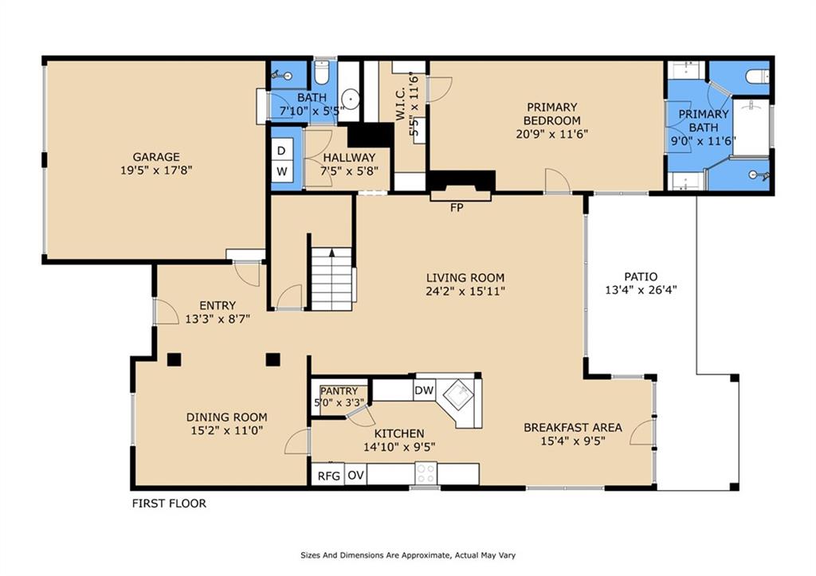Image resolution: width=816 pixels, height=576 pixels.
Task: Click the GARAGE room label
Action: (156, 157)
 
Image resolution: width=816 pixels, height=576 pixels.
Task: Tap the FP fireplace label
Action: (457, 208)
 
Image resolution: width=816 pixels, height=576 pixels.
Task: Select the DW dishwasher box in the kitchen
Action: (424, 390)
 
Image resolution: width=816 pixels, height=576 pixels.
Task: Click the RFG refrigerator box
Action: (329, 476)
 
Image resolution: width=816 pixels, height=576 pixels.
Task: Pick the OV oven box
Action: (355, 475)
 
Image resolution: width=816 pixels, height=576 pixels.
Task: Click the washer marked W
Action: (281, 171)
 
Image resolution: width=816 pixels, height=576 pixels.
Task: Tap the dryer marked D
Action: (281, 151)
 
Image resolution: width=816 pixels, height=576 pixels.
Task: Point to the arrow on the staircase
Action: (332, 253)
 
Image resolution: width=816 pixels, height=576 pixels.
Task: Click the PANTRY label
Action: (339, 390)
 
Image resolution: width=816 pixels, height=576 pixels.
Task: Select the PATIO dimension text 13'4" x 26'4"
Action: (641, 290)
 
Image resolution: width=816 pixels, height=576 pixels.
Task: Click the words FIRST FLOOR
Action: (169, 504)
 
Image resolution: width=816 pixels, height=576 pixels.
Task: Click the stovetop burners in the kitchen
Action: (426, 473)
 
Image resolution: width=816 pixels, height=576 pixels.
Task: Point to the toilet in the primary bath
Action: (757, 77)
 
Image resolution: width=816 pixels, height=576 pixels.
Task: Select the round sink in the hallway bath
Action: (351, 98)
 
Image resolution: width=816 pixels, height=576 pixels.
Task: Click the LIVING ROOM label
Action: (465, 278)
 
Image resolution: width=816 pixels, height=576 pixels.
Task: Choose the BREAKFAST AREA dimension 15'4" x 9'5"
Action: (572, 441)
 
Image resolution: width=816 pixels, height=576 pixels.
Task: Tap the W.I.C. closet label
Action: (401, 104)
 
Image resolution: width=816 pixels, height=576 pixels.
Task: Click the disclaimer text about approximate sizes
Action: (408, 555)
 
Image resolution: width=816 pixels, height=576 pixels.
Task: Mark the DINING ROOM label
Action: (227, 417)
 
